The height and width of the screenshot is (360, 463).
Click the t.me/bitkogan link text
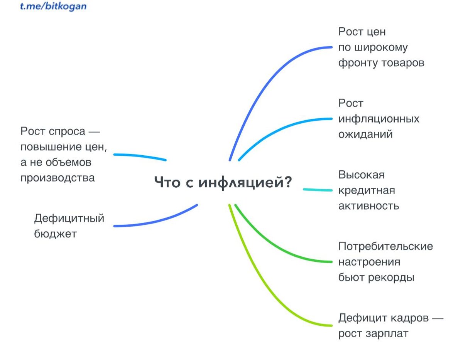tap(53, 7)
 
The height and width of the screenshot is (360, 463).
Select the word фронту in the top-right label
tap(355, 63)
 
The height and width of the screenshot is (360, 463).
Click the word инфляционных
tap(379, 119)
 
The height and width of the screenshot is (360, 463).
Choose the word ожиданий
tap(365, 135)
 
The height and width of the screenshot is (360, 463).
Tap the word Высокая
tap(362, 175)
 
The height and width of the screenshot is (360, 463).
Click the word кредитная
tap(367, 190)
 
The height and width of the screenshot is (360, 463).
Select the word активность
tap(368, 205)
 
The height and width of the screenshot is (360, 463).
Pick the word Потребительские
tap(385, 246)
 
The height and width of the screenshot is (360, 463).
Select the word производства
tap(57, 178)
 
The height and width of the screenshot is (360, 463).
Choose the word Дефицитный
tap(69, 219)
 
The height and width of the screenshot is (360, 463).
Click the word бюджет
tap(56, 234)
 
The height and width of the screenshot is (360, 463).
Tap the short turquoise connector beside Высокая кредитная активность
tap(317, 190)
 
